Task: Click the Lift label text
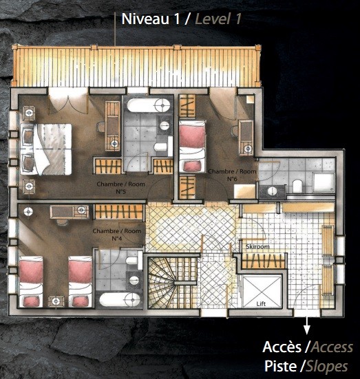(x=261, y=304)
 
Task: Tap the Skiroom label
(x=257, y=246)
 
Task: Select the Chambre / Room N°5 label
(x=120, y=188)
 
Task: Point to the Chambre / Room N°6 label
(x=232, y=175)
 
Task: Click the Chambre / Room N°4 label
(x=117, y=235)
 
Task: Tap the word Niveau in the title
(x=145, y=19)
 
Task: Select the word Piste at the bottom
(x=280, y=366)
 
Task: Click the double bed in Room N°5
(x=46, y=149)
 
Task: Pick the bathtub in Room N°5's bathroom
(x=149, y=105)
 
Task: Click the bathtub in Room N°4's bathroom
(x=120, y=300)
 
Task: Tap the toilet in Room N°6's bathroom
(x=297, y=186)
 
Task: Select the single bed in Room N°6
(x=192, y=147)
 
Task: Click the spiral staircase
(x=172, y=283)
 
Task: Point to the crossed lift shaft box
(x=262, y=292)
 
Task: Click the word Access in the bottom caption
(x=332, y=347)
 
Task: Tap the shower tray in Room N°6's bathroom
(x=324, y=183)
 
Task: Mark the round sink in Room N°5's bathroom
(x=165, y=126)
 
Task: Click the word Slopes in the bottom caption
(x=327, y=367)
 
